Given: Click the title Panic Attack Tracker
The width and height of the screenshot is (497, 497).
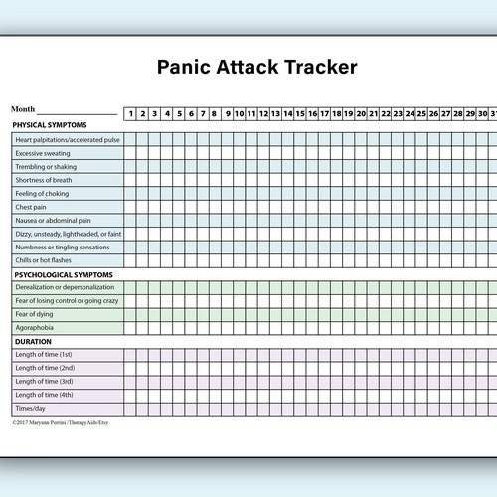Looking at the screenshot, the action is click(x=257, y=68).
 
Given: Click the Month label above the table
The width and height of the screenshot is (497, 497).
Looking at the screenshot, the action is click(x=23, y=109).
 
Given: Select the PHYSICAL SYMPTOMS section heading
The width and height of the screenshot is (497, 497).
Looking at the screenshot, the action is click(x=49, y=125).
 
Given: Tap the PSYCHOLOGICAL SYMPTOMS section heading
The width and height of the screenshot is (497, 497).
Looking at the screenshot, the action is click(x=63, y=274).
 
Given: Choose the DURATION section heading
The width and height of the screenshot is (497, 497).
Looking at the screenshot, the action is click(x=32, y=341).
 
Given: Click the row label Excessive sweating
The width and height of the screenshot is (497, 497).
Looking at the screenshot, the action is click(x=43, y=153).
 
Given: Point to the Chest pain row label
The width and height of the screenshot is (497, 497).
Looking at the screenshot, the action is click(x=31, y=207).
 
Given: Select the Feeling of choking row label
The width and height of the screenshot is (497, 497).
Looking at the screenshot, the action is click(x=42, y=193).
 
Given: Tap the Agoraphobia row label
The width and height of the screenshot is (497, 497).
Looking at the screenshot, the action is click(x=35, y=328).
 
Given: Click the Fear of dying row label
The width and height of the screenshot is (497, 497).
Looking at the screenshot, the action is click(x=35, y=314).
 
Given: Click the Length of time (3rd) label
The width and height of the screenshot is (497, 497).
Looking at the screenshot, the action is click(x=45, y=381).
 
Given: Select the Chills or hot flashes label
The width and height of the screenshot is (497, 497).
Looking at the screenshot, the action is click(x=44, y=260).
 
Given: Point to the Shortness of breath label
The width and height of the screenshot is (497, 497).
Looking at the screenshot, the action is click(x=44, y=180).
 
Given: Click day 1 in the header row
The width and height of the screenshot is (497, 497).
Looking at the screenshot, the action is click(x=131, y=113).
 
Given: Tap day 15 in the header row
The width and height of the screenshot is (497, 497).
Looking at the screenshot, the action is click(x=300, y=113).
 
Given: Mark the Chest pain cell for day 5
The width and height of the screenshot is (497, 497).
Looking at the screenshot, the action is click(x=179, y=207).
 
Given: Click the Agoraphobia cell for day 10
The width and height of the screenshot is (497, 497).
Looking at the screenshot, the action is click(x=240, y=328).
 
